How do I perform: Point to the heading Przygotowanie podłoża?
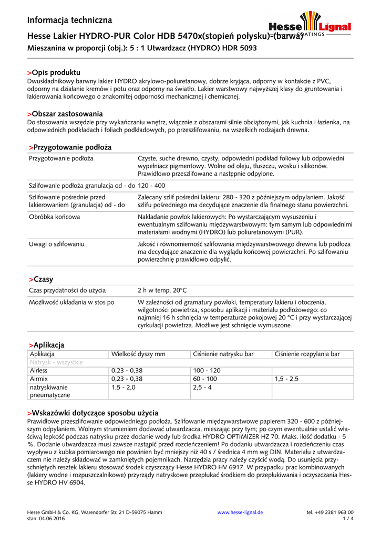click(70, 147)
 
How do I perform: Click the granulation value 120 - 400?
click(151, 186)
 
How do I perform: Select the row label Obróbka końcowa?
click(55, 216)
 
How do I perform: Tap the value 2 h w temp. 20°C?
click(162, 290)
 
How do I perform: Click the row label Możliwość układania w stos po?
click(71, 302)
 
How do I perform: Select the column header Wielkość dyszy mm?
click(138, 355)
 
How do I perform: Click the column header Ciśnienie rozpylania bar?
click(307, 355)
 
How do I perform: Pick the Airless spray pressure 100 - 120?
click(207, 370)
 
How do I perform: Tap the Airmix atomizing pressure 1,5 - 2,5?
click(286, 379)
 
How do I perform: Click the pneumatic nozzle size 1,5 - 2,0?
click(123, 387)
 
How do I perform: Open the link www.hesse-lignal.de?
click(240, 512)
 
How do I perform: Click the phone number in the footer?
click(330, 512)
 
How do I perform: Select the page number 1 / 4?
click(348, 519)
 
